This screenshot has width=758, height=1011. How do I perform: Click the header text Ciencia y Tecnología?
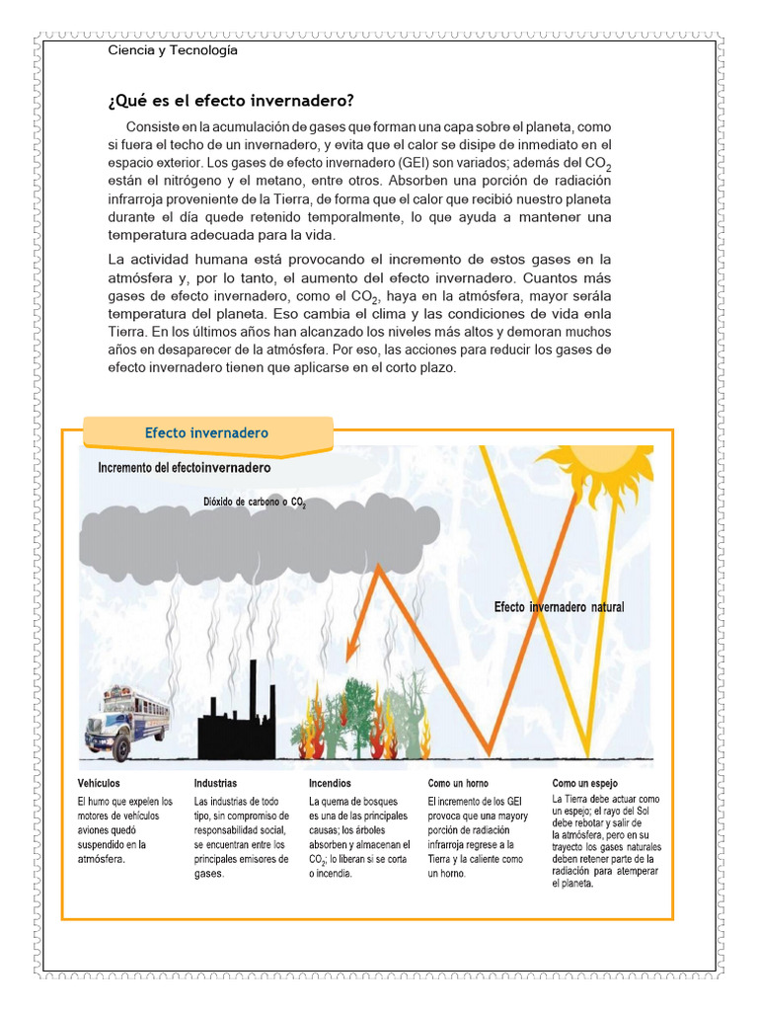[173, 50]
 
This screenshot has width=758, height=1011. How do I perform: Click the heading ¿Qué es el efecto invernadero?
[230, 102]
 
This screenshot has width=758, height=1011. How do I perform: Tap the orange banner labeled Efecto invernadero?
[206, 433]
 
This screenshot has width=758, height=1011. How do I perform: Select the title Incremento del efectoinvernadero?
[186, 468]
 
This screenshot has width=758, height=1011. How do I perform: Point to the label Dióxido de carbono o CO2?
[255, 502]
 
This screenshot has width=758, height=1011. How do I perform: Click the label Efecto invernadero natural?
[559, 607]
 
